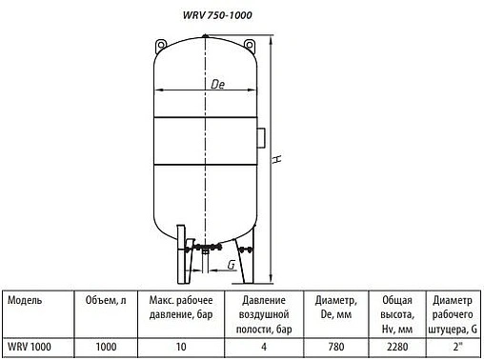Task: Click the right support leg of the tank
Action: point(251,255)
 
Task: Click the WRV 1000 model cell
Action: point(29,348)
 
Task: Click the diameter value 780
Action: point(335,348)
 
